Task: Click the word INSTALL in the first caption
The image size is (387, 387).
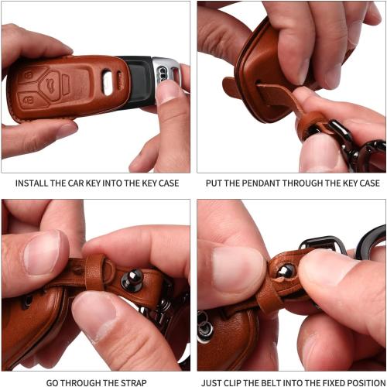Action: tap(30, 183)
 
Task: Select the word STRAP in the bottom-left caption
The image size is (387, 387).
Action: tap(132, 382)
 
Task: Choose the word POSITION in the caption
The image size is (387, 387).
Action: tap(364, 382)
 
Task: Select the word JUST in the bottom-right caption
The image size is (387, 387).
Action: tap(214, 382)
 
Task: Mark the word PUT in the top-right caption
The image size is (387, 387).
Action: tap(215, 183)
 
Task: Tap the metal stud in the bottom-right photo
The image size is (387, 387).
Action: tap(286, 270)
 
